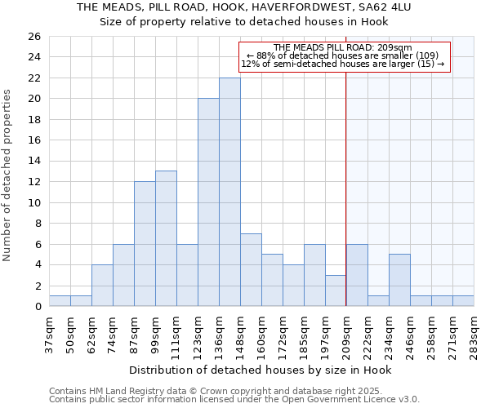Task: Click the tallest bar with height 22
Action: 229,192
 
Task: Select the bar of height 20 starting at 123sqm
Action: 208,202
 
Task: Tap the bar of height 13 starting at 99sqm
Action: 166,238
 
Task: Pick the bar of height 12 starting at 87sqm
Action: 145,244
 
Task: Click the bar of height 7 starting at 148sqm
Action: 251,270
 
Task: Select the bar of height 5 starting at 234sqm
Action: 399,280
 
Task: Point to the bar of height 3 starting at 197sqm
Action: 336,290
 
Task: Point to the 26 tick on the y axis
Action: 33,37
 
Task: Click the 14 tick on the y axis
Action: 33,162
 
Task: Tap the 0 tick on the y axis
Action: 37,307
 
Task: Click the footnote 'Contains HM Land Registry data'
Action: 122,391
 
